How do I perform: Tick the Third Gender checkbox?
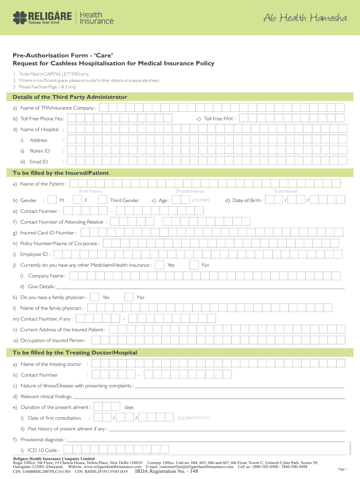[x=102, y=200]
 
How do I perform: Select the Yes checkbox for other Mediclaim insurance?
[x=159, y=265]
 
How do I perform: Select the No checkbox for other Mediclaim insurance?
[x=194, y=265]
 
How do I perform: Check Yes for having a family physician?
[x=94, y=297]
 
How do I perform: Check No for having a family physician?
[x=129, y=297]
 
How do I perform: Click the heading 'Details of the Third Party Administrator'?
[x=70, y=97]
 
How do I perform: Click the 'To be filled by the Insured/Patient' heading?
[x=60, y=173]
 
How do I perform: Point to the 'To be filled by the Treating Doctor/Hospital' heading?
[x=75, y=352]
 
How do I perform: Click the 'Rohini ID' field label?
[x=40, y=151]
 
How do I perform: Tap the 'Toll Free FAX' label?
[x=220, y=119]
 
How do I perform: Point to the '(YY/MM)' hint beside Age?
[x=201, y=201]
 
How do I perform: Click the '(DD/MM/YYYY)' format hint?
[x=194, y=418]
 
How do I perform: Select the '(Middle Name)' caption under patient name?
[x=189, y=191]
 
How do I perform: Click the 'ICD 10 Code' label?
[x=43, y=450]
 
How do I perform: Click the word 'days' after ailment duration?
[x=129, y=407]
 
